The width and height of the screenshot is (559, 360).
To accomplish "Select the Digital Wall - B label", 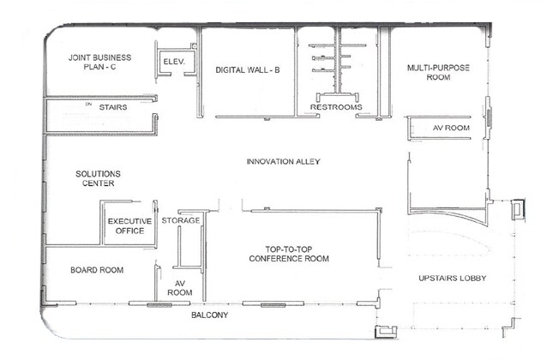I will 249,71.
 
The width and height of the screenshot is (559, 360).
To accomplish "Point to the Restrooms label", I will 336,107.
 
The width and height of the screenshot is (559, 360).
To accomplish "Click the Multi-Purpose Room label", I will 440,71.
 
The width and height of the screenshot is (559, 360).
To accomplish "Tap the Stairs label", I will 113,108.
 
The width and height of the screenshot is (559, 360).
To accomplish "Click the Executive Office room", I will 129,226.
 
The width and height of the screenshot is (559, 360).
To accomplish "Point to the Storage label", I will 181,220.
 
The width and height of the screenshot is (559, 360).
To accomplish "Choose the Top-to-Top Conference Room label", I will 289,253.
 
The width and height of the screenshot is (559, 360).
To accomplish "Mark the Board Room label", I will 97,270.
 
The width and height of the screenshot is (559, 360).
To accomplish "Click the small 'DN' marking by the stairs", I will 87,105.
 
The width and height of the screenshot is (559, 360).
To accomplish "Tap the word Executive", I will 129,221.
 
